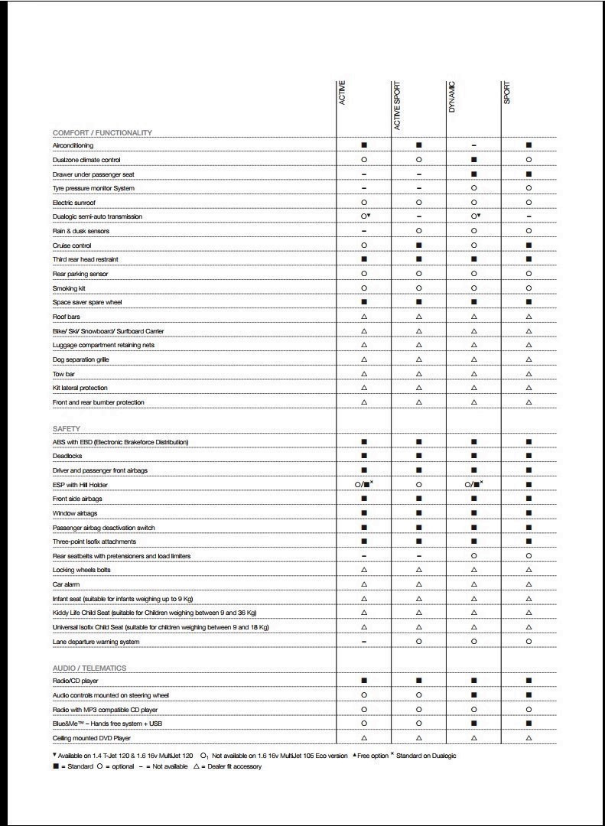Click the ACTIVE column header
pyautogui.click(x=342, y=93)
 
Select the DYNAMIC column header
pyautogui.click(x=451, y=98)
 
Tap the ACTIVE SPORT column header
pyautogui.click(x=397, y=106)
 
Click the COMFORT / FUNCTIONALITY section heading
pyautogui.click(x=102, y=132)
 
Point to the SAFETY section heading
pyautogui.click(x=67, y=428)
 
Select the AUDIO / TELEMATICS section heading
pyautogui.click(x=89, y=668)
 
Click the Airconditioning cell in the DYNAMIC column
pyautogui.click(x=474, y=145)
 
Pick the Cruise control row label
pyautogui.click(x=72, y=246)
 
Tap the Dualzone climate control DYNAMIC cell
pyautogui.click(x=474, y=160)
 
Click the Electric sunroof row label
pyautogui.click(x=74, y=203)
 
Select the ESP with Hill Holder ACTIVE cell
pyautogui.click(x=364, y=484)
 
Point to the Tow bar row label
pyautogui.click(x=63, y=374)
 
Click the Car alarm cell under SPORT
pyautogui.click(x=529, y=584)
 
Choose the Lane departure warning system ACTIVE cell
pyautogui.click(x=364, y=642)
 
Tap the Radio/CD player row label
pyautogui.click(x=75, y=681)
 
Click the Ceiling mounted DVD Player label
pyautogui.click(x=91, y=738)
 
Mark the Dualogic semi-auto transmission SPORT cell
pyautogui.click(x=529, y=217)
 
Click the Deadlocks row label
pyautogui.click(x=67, y=456)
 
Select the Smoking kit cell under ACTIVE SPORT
pyautogui.click(x=419, y=288)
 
